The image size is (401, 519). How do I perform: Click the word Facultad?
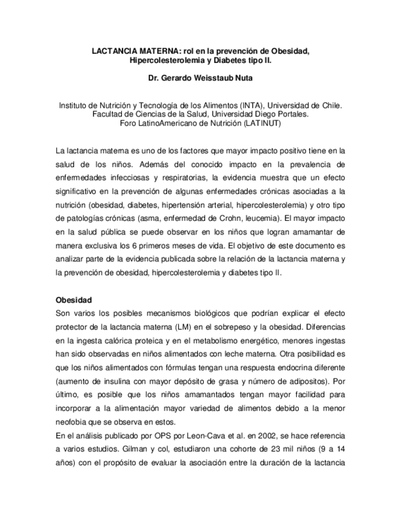pos(108,114)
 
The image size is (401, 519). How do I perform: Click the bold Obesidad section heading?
pos(73,301)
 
